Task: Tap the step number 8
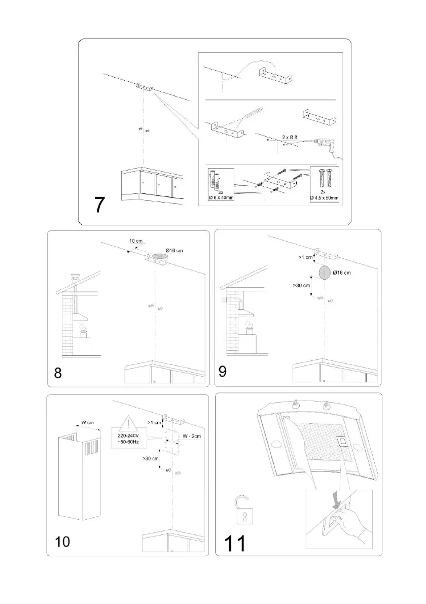[x=59, y=373]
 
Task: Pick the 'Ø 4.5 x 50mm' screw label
[x=324, y=196]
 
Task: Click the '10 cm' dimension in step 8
[x=136, y=241]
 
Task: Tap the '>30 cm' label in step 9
[x=301, y=286]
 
